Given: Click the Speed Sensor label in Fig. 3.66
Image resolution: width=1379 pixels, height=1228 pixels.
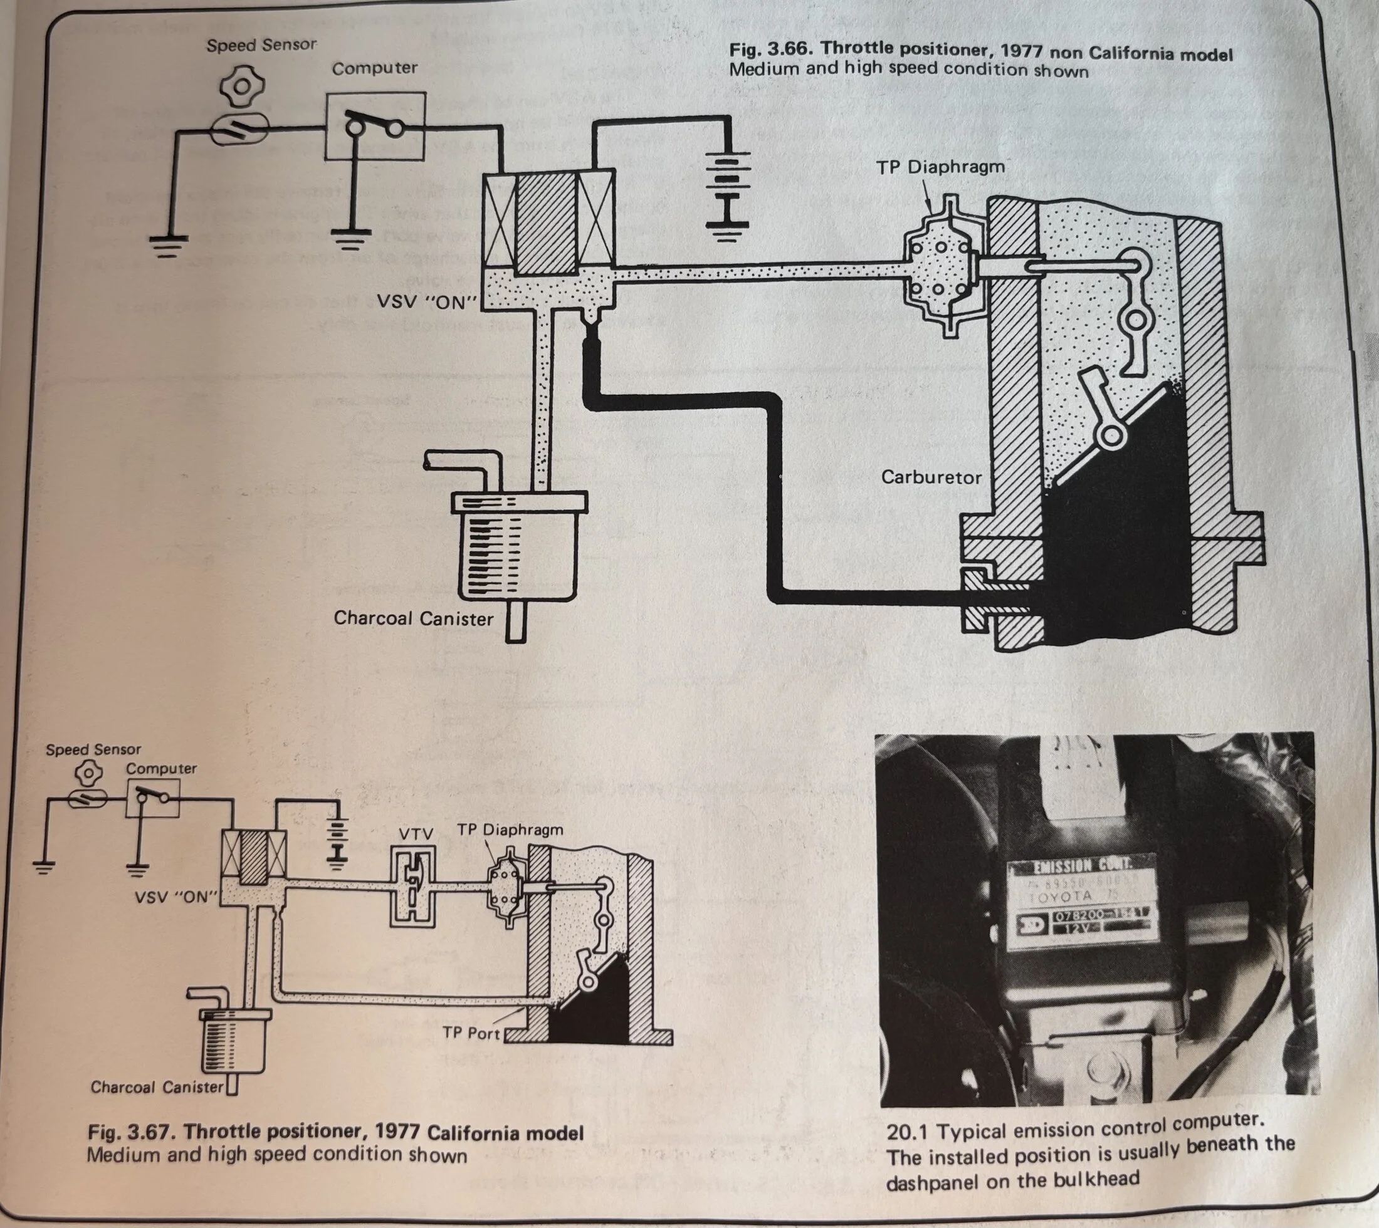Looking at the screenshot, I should click(261, 46).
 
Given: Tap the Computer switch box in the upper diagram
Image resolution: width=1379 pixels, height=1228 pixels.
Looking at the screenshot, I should click(375, 126).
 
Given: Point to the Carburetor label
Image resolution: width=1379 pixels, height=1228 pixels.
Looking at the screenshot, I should click(931, 477).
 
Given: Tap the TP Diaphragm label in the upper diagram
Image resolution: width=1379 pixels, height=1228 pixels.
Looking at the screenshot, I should click(940, 167).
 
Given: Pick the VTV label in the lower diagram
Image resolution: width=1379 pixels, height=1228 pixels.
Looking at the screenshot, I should click(415, 834).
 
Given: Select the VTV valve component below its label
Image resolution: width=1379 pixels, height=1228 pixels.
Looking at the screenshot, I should click(413, 887).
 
